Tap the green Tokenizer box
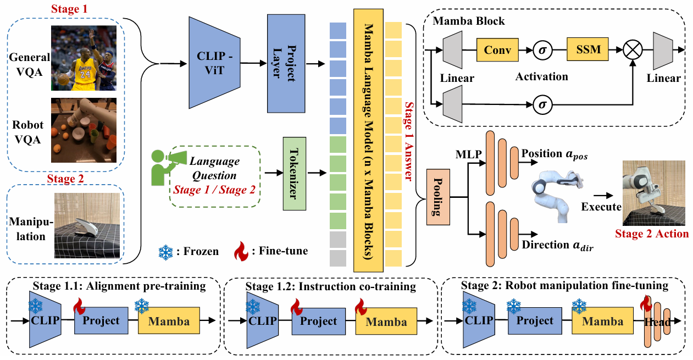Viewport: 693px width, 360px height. [x=293, y=173]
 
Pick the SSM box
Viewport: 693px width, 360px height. [x=589, y=51]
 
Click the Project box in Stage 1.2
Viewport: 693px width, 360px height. [x=319, y=322]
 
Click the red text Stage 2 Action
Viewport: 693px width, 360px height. [x=652, y=234]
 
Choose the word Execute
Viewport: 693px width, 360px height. [x=601, y=207]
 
